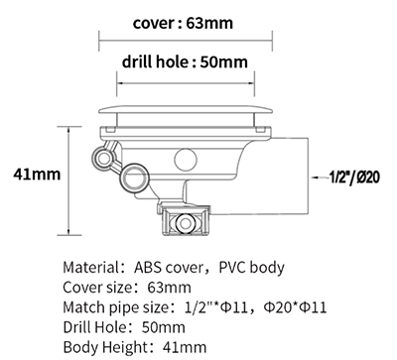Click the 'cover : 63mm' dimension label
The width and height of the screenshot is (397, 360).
click(183, 23)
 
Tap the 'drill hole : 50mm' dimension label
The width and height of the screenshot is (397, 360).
click(185, 61)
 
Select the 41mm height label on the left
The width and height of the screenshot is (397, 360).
click(37, 175)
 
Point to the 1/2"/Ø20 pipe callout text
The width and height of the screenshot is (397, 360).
click(354, 178)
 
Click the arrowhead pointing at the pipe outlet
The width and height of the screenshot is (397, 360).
click(316, 178)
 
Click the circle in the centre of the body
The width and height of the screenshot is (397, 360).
click(186, 160)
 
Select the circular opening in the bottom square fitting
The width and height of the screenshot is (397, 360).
click(185, 223)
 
